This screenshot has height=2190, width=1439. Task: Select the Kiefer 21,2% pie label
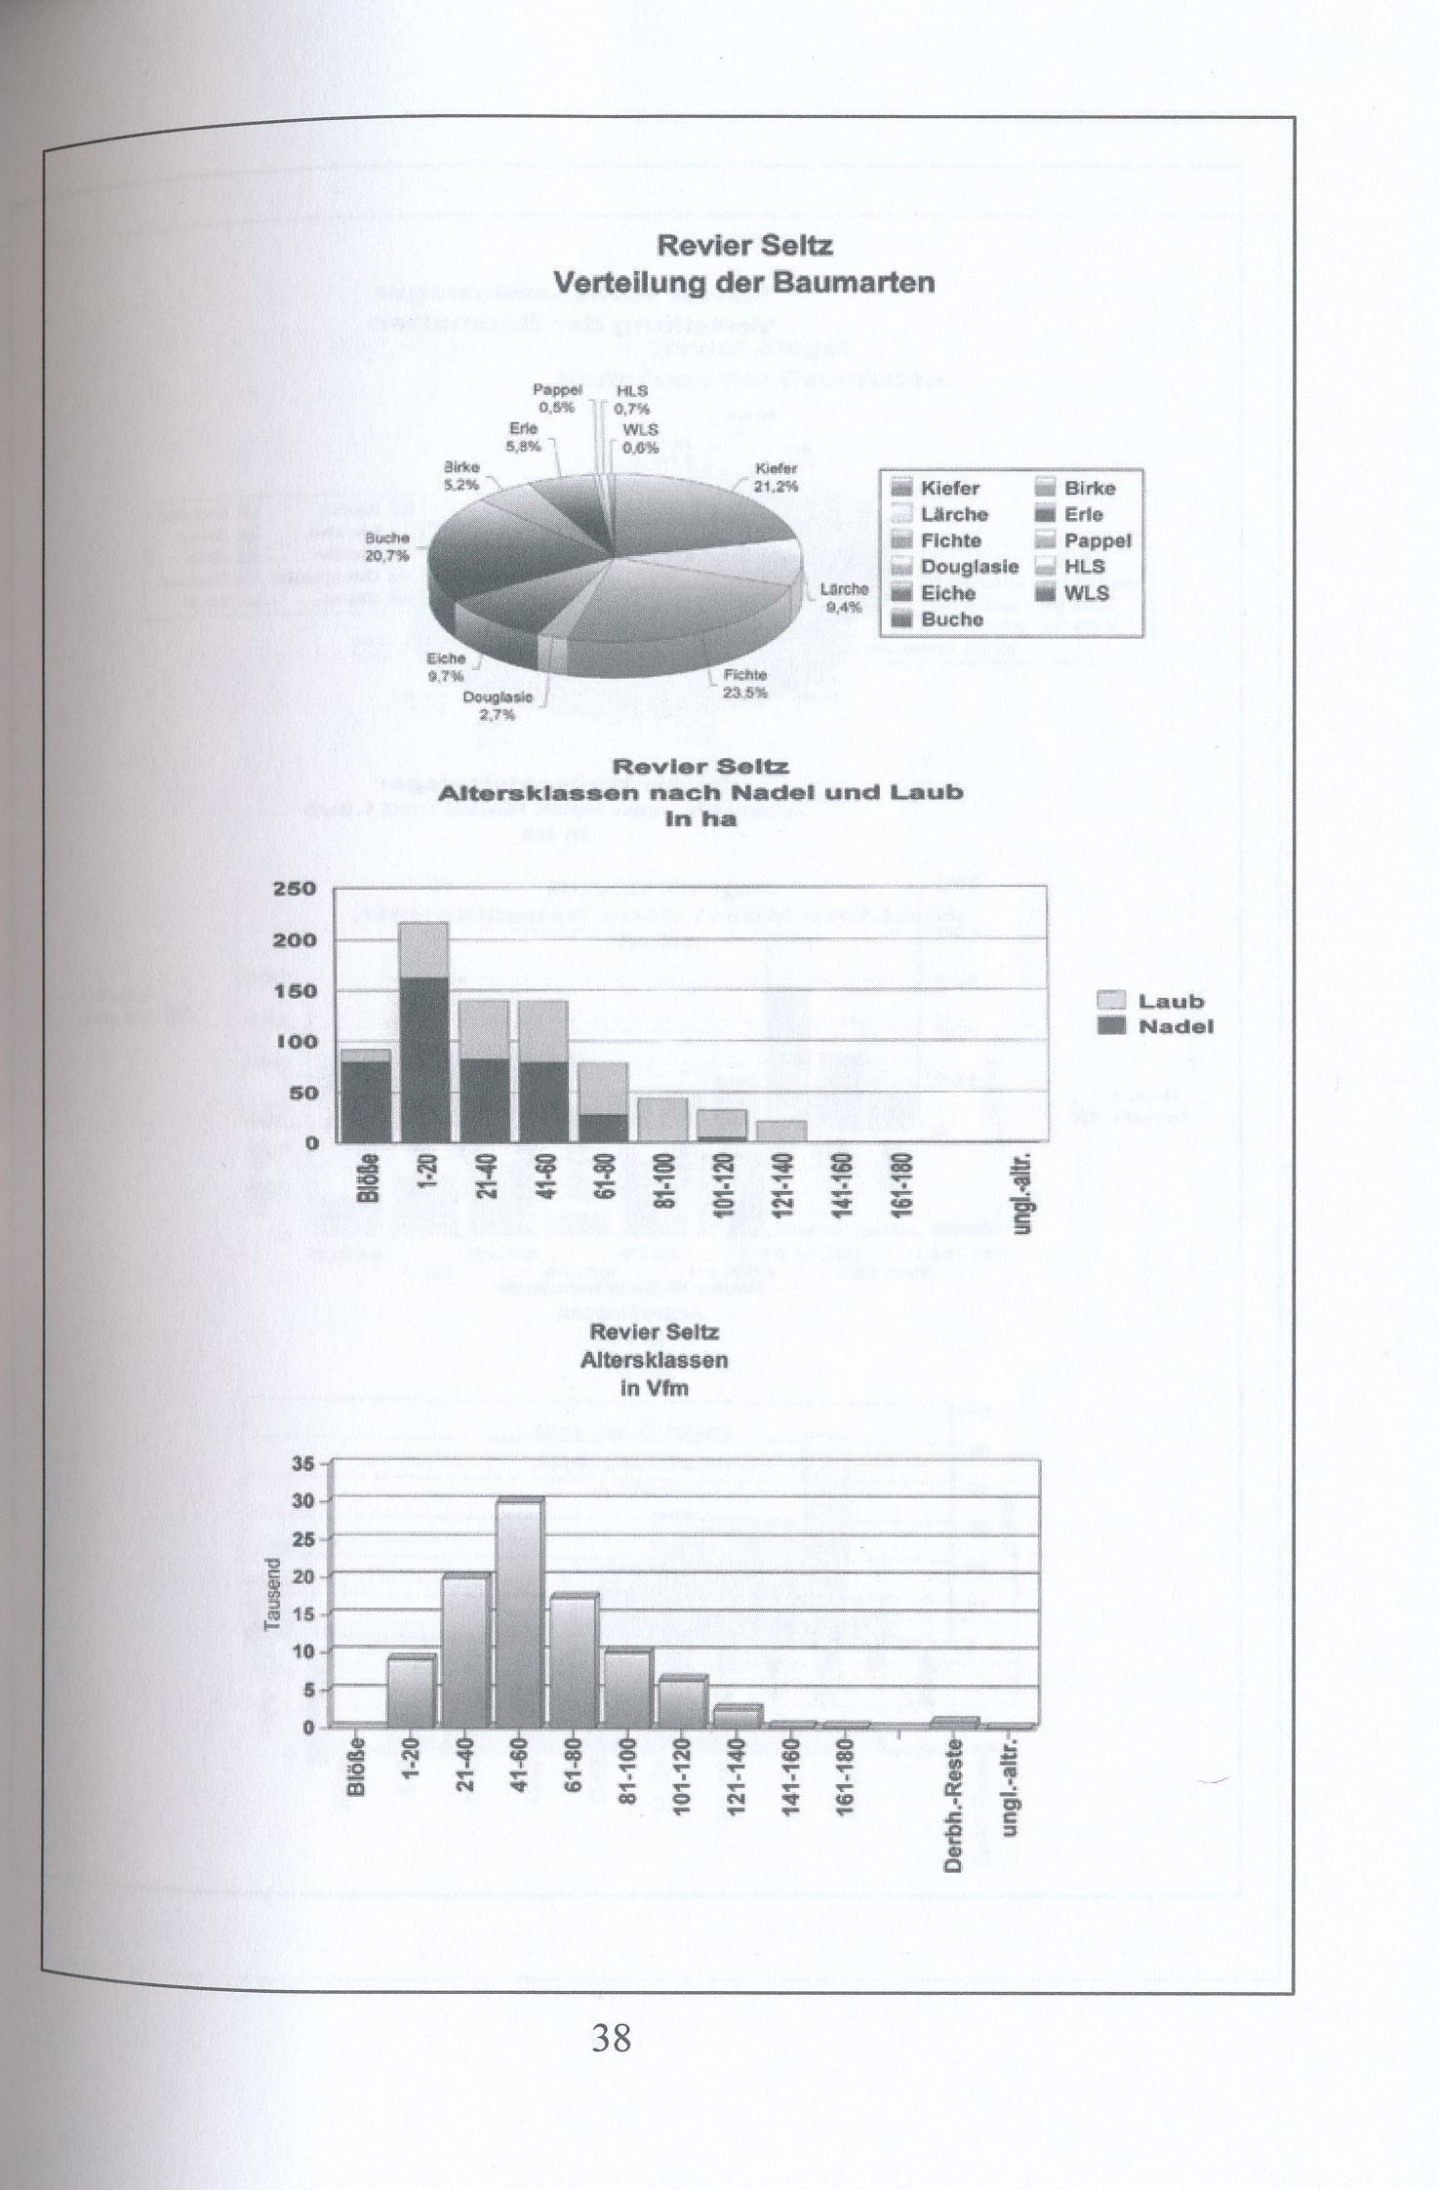point(777,477)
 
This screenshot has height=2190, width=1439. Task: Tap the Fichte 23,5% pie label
point(745,683)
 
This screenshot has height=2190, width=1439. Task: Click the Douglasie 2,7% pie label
point(498,705)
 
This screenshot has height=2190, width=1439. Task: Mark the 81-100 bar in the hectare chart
point(662,1120)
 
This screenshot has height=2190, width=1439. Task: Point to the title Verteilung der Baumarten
point(743,283)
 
